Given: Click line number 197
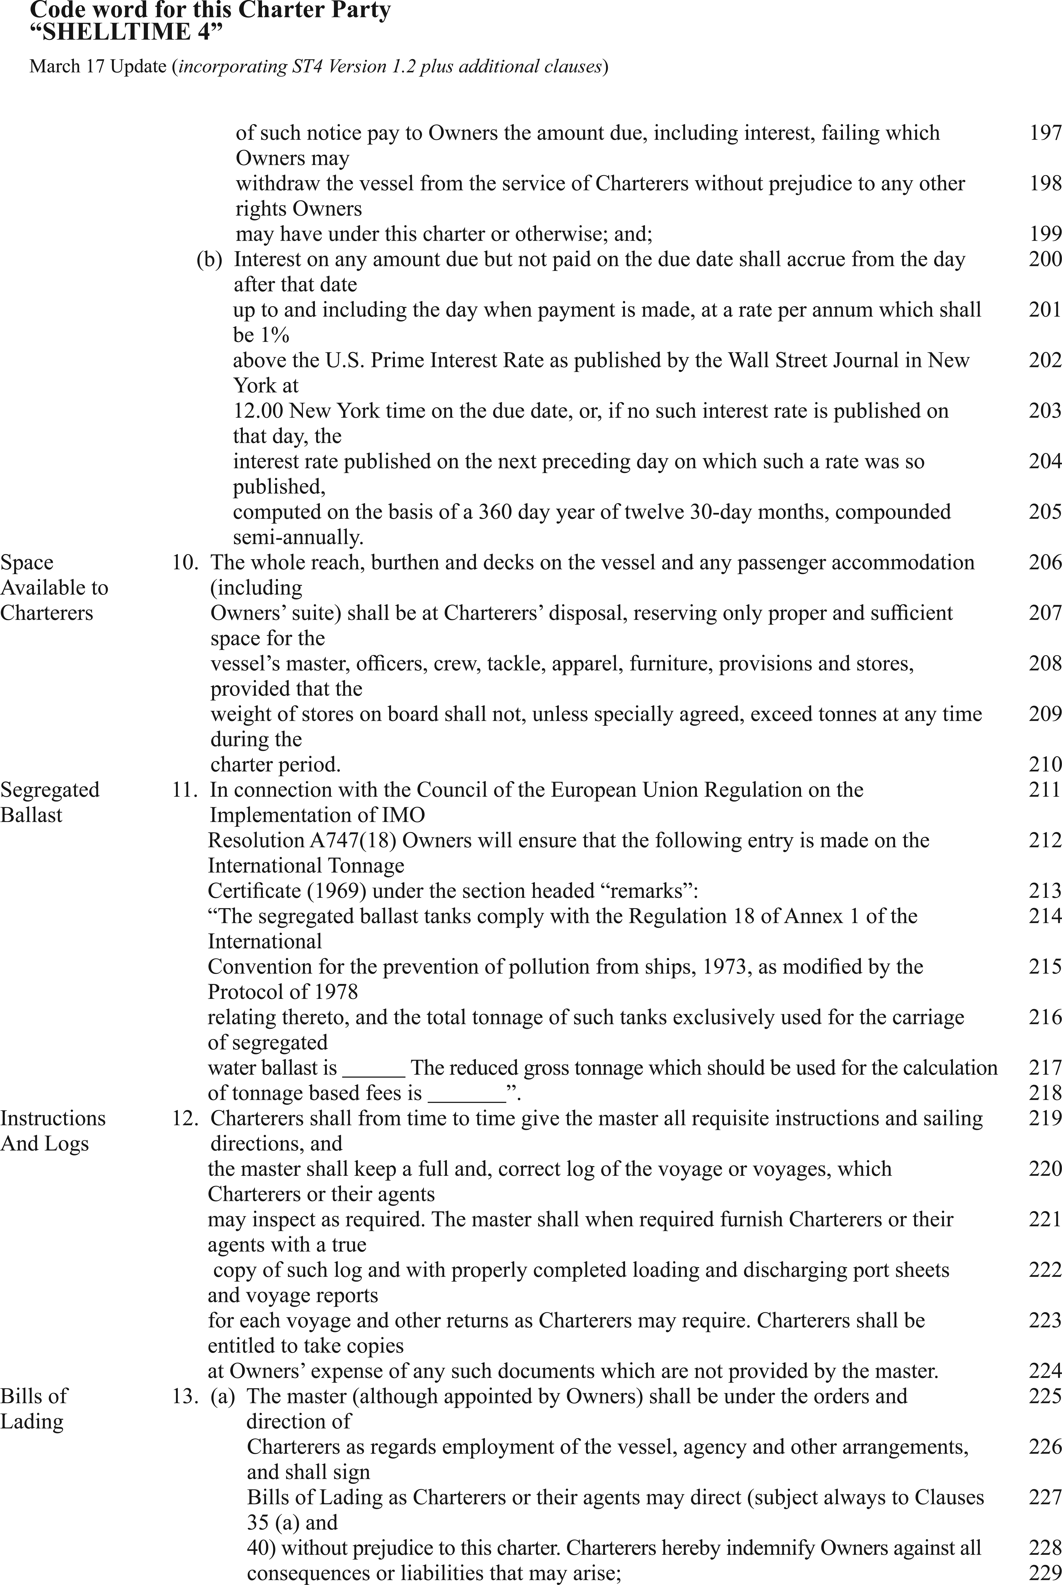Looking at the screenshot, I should point(1045,133).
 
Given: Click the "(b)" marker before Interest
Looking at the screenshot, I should point(209,260).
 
